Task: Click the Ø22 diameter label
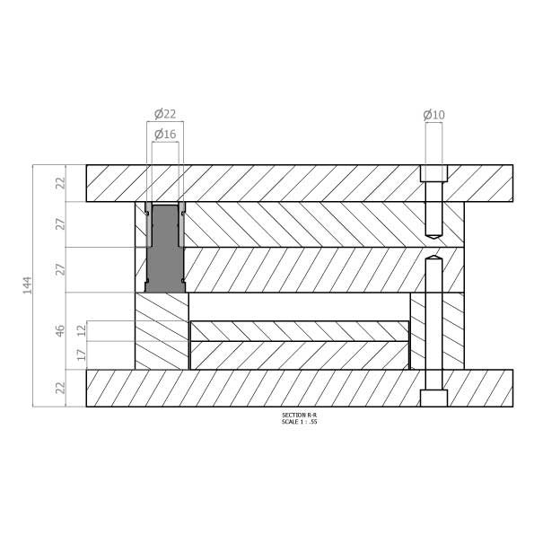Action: click(x=165, y=114)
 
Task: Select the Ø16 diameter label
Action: click(x=165, y=135)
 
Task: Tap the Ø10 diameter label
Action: click(x=433, y=115)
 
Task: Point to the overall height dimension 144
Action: click(x=27, y=285)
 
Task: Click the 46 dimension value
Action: click(x=60, y=330)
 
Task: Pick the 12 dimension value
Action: click(x=82, y=330)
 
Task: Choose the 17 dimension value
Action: click(x=82, y=355)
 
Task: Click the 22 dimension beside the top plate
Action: click(x=60, y=183)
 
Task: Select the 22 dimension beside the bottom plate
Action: click(x=60, y=388)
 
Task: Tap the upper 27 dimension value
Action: click(x=60, y=224)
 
